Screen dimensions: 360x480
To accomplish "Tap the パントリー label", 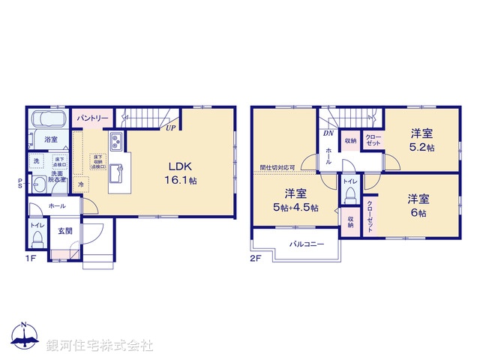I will pyautogui.click(x=93, y=118).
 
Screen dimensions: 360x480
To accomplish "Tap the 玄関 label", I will pyautogui.click(x=65, y=231).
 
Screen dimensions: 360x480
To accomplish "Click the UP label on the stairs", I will pyautogui.click(x=171, y=127).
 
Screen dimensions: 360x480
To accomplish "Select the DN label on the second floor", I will pyautogui.click(x=328, y=133).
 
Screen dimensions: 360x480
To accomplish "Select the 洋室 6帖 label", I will pyautogui.click(x=419, y=205).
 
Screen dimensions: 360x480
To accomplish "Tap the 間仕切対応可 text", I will pyautogui.click(x=277, y=168).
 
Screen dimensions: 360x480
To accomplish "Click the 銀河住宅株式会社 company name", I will pyautogui.click(x=100, y=345).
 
